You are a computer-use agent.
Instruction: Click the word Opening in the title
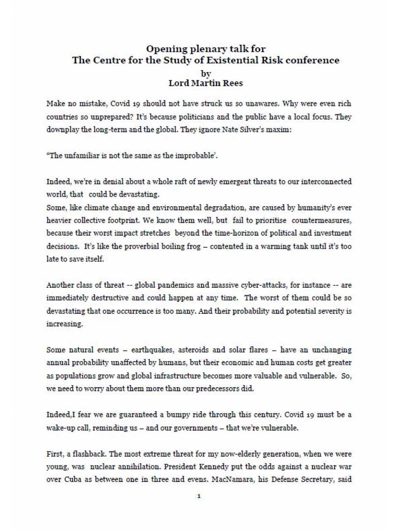click(166, 49)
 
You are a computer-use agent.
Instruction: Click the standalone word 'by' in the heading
click(206, 73)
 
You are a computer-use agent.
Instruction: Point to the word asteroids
click(193, 350)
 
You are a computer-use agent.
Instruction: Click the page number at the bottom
click(199, 496)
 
